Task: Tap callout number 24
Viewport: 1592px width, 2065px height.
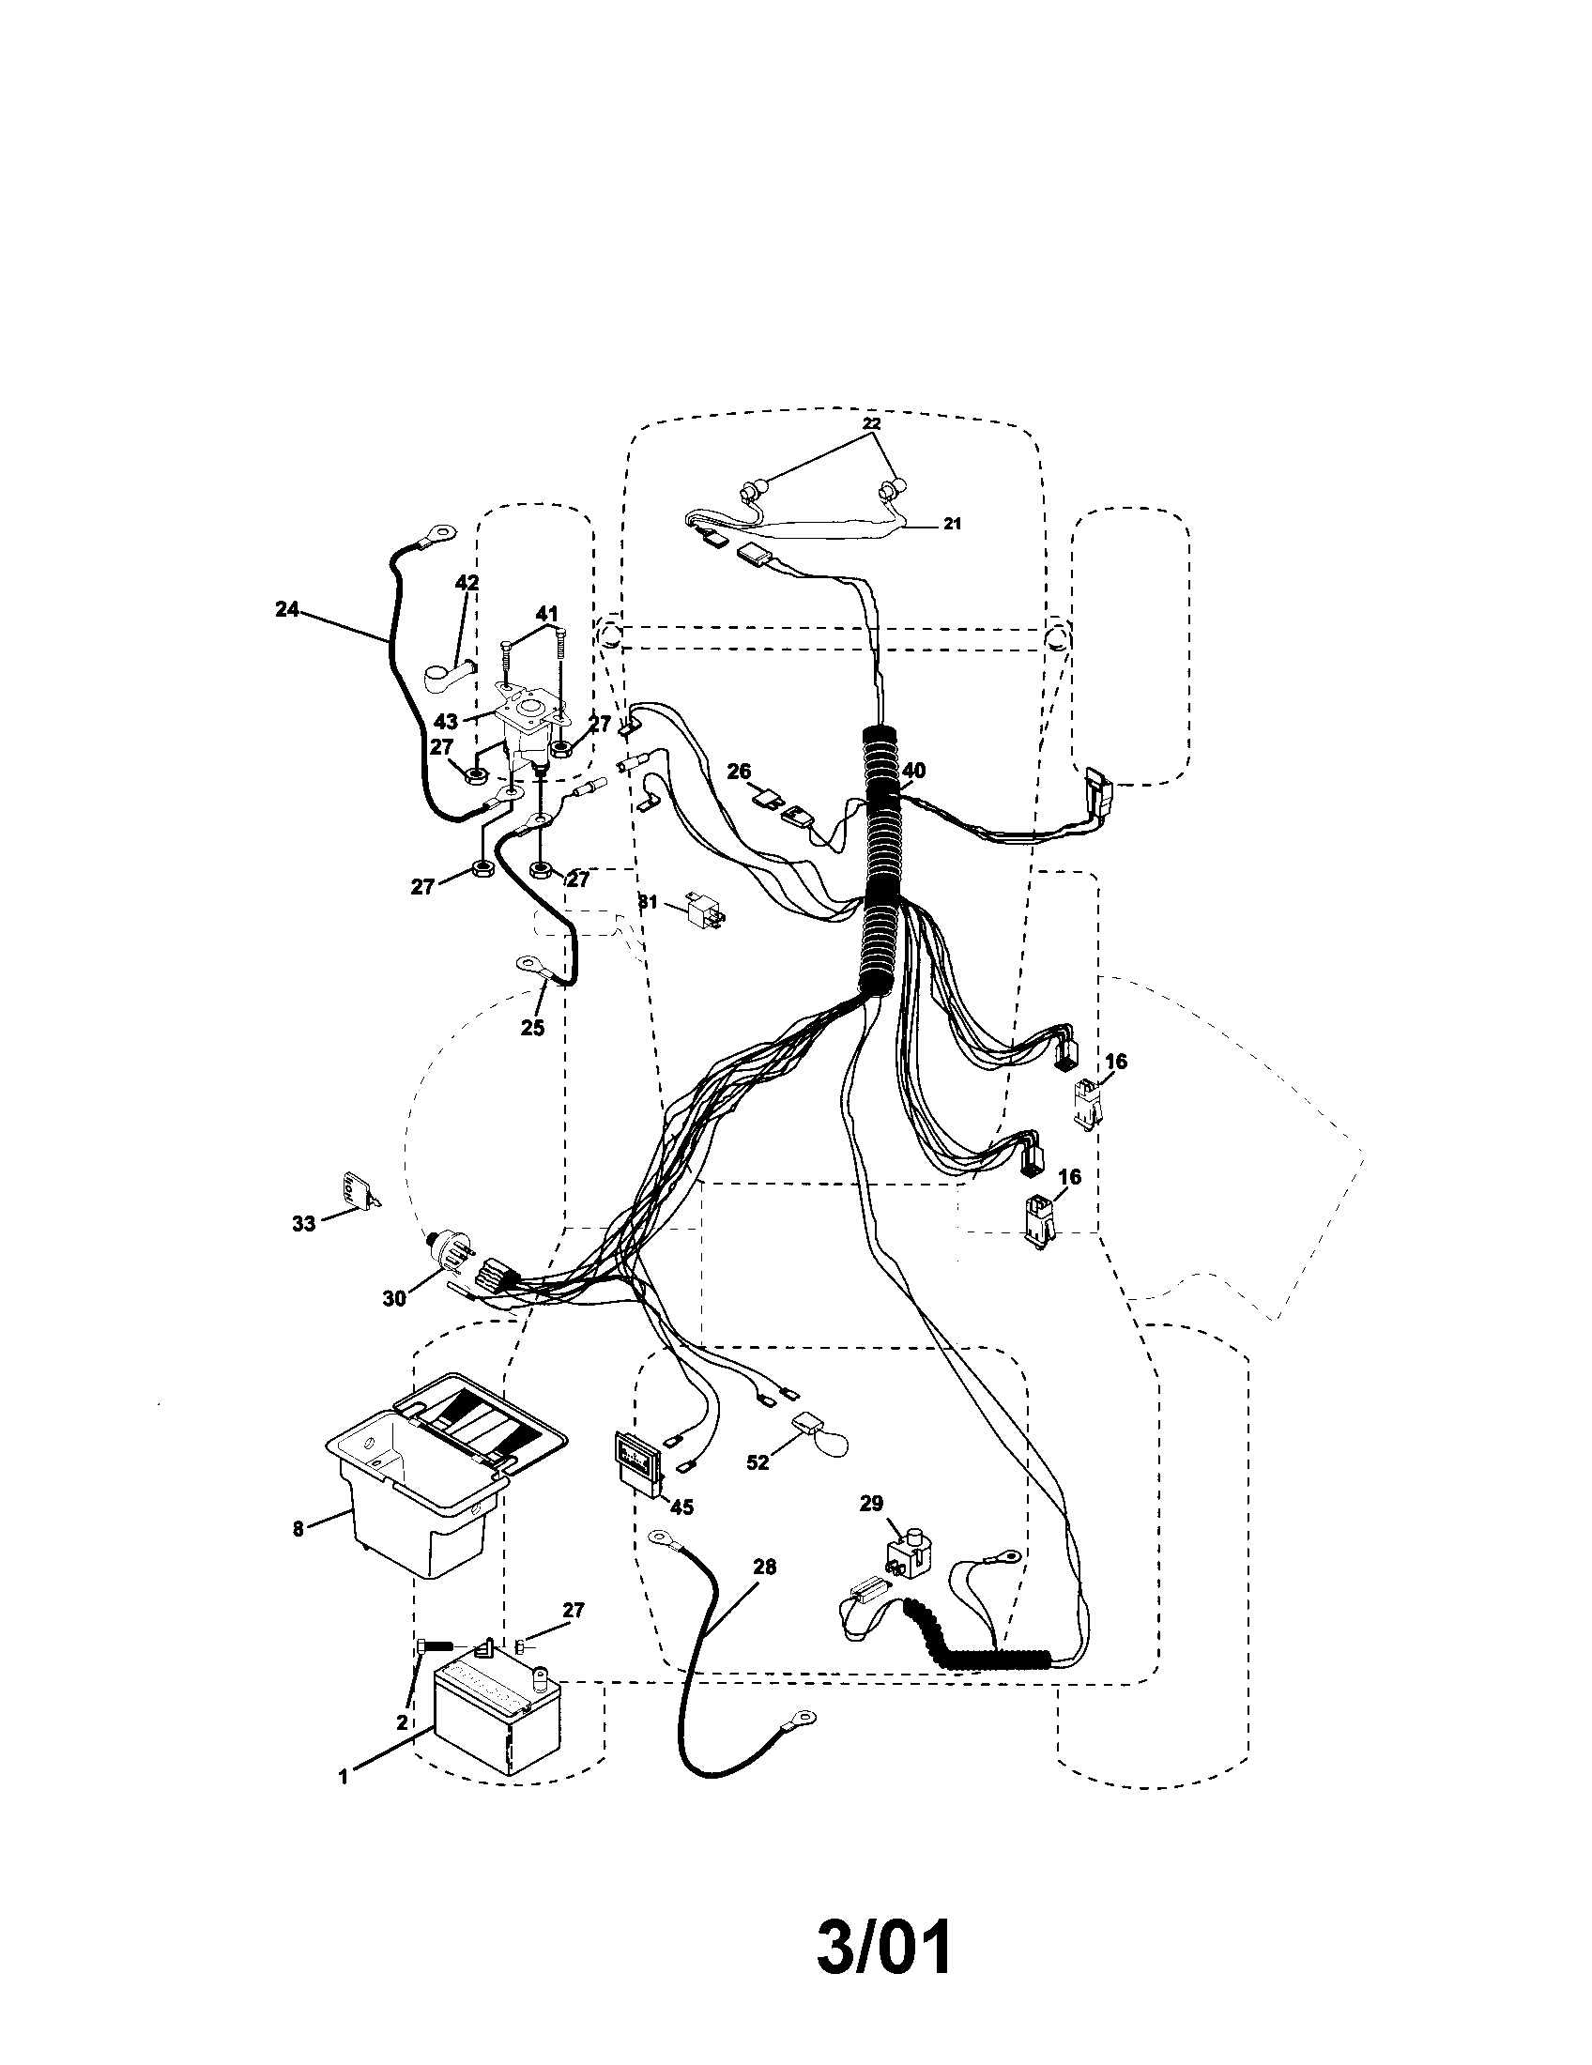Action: (x=286, y=610)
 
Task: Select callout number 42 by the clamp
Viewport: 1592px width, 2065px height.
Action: (x=467, y=583)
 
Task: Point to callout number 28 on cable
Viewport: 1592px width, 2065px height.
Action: (x=764, y=1567)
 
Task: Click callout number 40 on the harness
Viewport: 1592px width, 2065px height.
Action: (x=913, y=771)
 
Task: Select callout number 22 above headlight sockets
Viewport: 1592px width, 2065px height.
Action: (x=872, y=423)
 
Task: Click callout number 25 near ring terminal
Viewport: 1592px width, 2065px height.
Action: (x=532, y=1027)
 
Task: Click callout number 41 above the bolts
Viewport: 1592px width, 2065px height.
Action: (x=546, y=614)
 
